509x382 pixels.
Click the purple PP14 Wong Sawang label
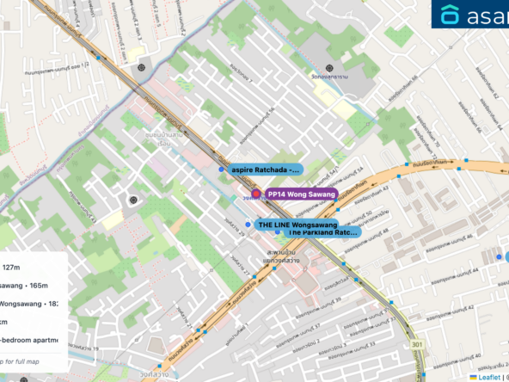coord(300,194)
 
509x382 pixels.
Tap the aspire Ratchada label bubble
coord(265,169)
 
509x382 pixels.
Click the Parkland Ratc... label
coord(322,232)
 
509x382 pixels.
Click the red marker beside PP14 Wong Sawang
coord(255,194)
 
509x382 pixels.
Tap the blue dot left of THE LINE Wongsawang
coord(248,225)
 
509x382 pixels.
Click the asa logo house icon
coord(451,15)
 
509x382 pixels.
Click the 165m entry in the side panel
coord(26,285)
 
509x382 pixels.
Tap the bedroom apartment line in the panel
coord(29,340)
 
